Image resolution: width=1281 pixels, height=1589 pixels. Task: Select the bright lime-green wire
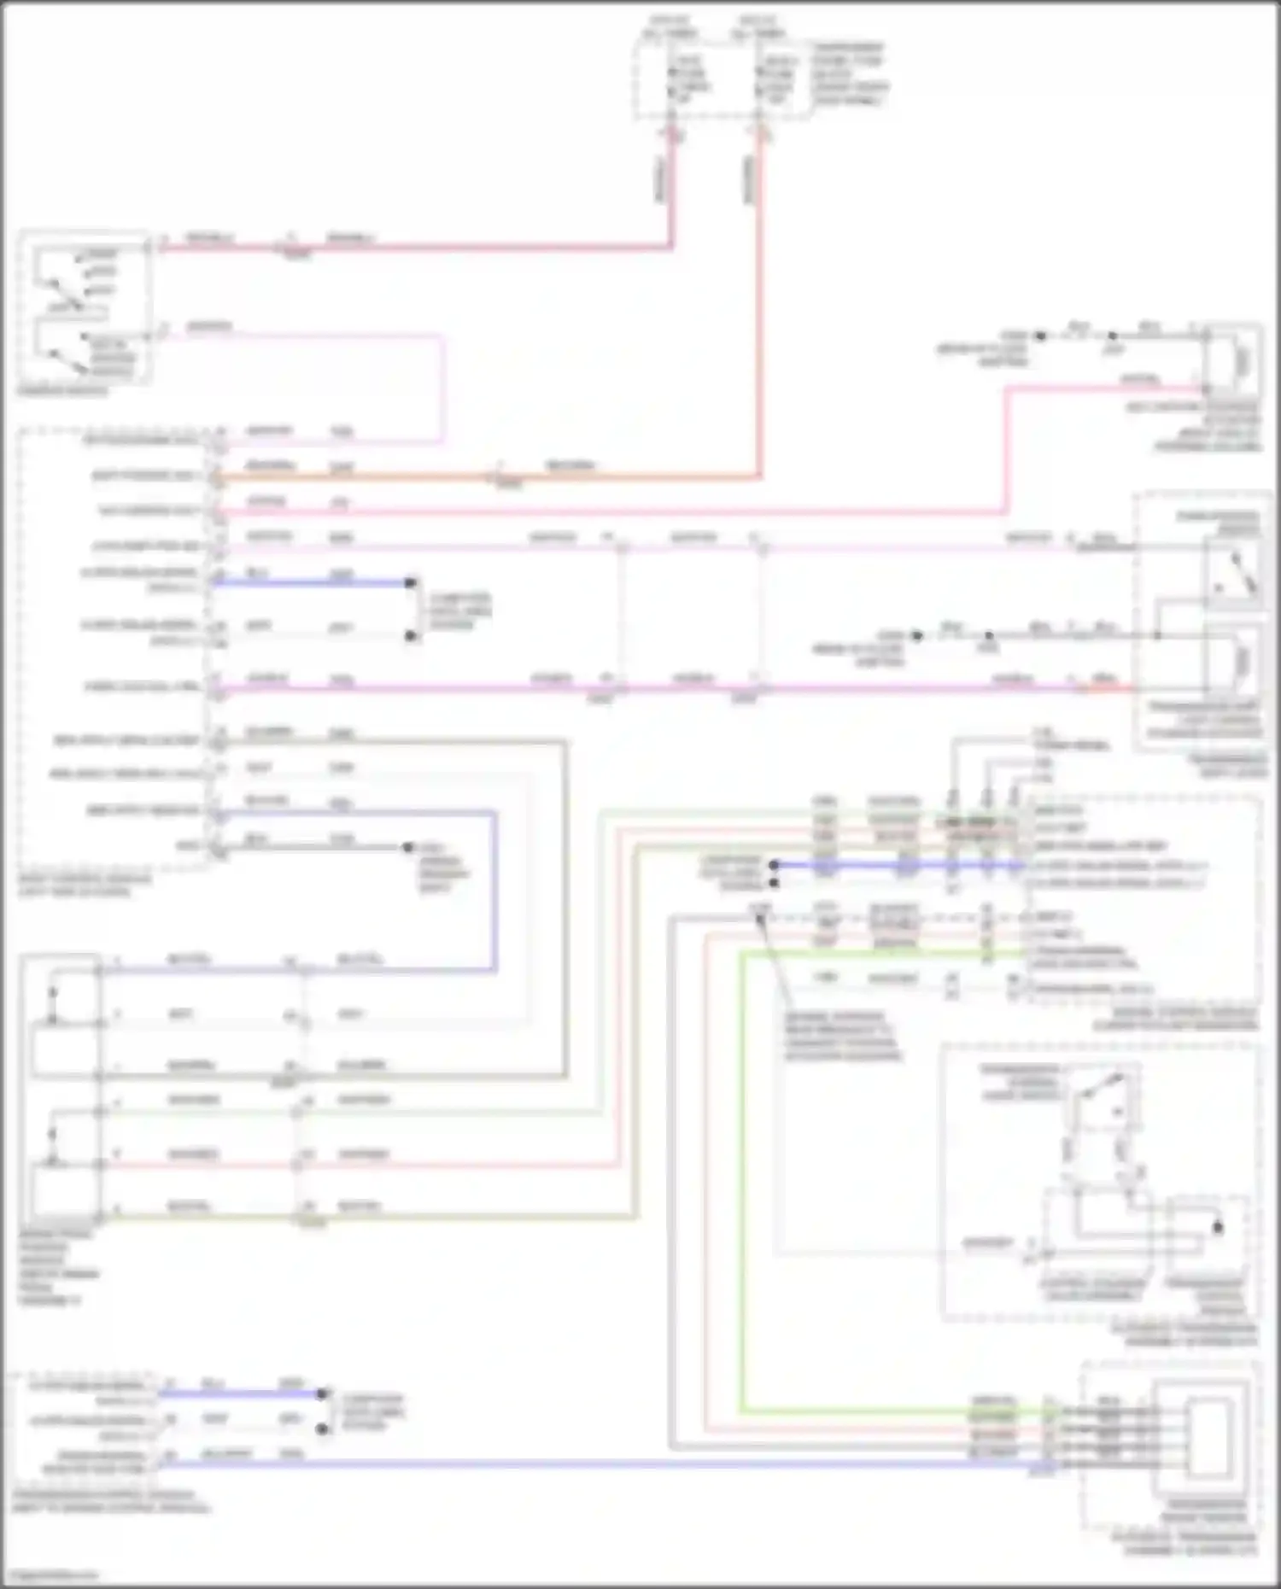tap(741, 1195)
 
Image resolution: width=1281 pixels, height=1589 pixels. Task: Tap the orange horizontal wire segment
tap(359, 477)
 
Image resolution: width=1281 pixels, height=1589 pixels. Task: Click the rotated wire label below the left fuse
tap(660, 179)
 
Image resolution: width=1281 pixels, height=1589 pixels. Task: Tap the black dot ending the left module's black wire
tap(408, 847)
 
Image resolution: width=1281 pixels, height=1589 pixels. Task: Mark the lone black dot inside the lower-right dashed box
tap(1218, 1228)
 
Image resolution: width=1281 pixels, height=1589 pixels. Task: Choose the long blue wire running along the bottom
tap(598, 1464)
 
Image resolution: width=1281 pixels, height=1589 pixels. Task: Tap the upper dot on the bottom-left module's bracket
tap(322, 1393)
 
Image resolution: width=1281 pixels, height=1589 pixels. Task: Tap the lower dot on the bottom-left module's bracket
tap(322, 1428)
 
